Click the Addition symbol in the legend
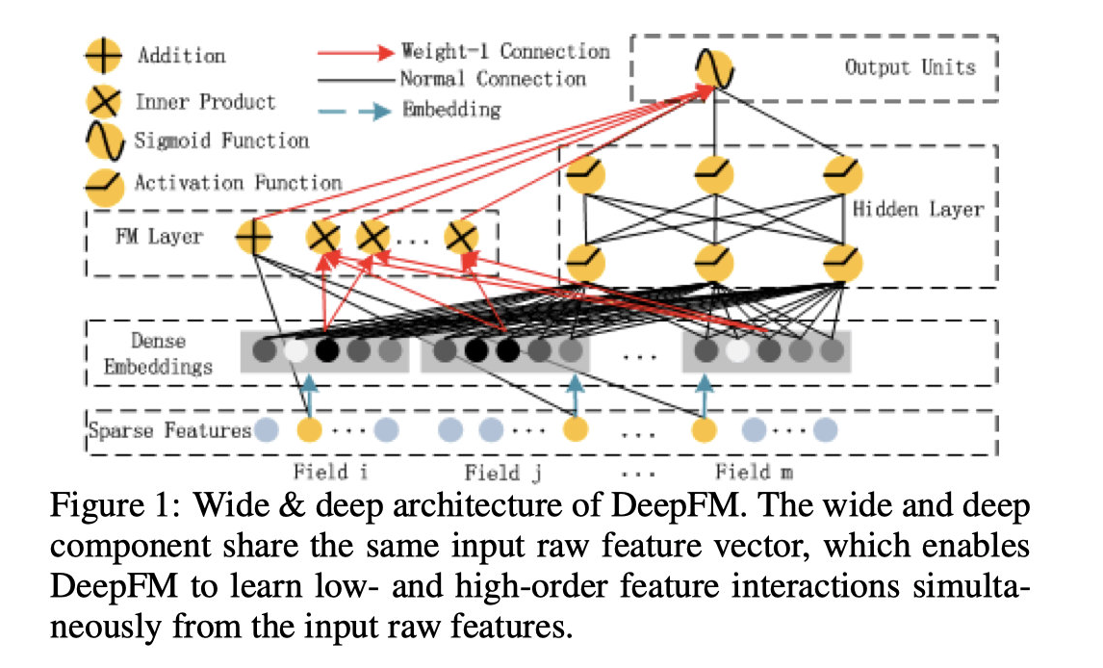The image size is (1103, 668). [x=103, y=55]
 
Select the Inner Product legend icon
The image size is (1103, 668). [x=103, y=101]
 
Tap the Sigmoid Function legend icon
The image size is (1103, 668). [x=104, y=141]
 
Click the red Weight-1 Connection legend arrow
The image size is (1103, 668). [x=356, y=52]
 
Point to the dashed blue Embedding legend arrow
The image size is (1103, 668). [x=354, y=111]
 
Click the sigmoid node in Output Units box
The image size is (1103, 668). [x=715, y=69]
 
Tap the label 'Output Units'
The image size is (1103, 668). [x=911, y=67]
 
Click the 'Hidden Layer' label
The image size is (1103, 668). [x=917, y=209]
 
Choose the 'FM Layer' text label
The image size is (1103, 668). [x=159, y=236]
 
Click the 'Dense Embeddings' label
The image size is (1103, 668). [x=158, y=353]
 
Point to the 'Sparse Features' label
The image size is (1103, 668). [x=169, y=429]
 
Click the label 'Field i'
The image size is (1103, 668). [x=331, y=471]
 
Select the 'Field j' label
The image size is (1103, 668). [x=503, y=473]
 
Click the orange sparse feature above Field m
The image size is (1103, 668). [x=705, y=429]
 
